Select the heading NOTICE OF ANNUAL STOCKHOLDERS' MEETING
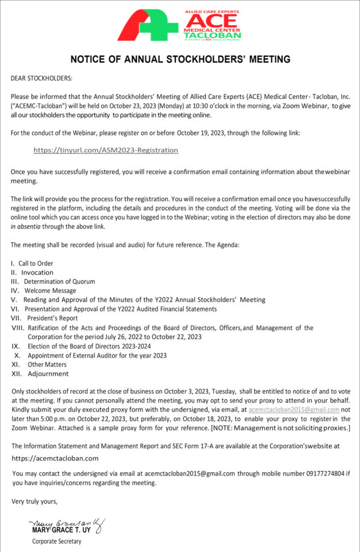[180, 59]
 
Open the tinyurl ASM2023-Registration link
[106, 150]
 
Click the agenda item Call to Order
[35, 263]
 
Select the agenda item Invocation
[37, 272]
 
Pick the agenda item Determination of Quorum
[59, 281]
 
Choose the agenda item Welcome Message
[50, 291]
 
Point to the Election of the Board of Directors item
[89, 346]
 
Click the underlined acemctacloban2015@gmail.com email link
[294, 410]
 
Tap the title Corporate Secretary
[56, 541]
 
